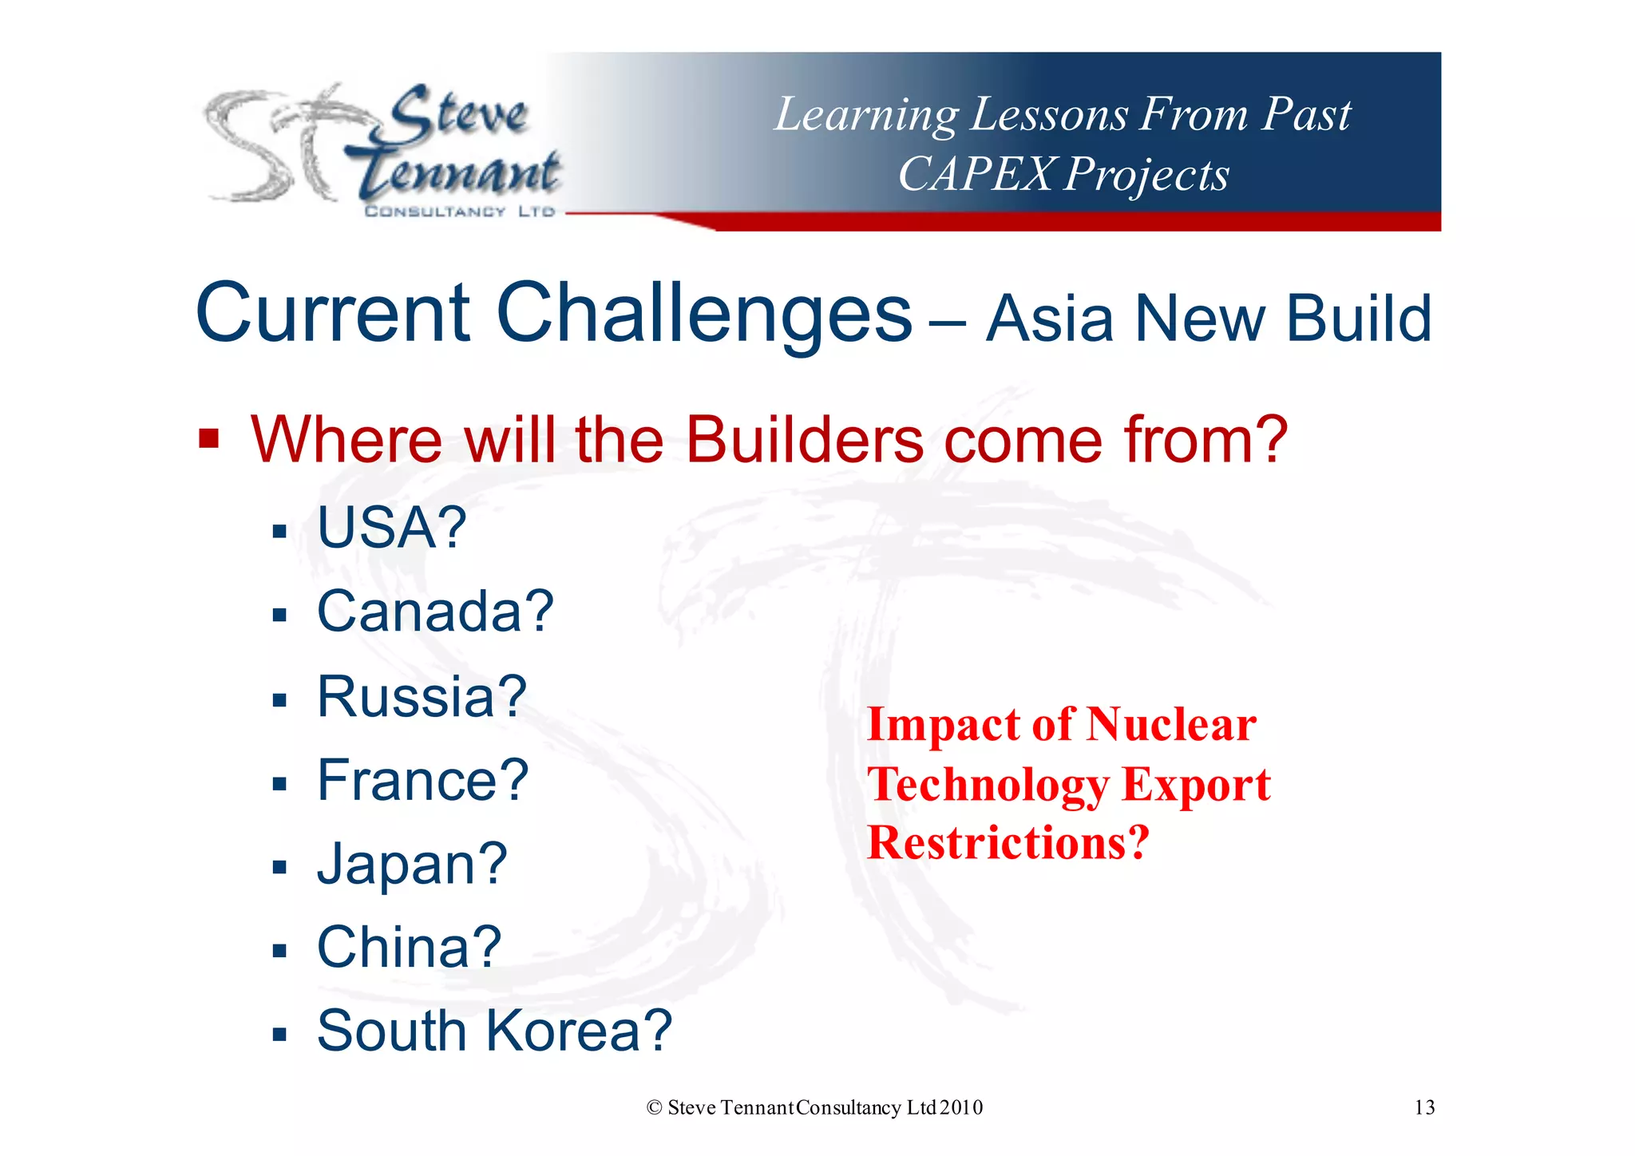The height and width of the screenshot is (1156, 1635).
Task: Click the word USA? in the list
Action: click(x=391, y=528)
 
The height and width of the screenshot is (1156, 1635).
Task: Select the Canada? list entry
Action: click(x=435, y=612)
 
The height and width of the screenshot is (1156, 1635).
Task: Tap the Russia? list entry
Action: click(x=422, y=697)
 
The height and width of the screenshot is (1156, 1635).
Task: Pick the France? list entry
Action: click(x=422, y=781)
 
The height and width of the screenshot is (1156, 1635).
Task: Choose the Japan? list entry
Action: click(x=412, y=865)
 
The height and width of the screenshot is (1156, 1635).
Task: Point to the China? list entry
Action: click(x=409, y=948)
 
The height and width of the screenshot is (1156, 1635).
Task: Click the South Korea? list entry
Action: click(x=494, y=1031)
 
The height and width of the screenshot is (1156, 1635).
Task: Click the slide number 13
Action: click(x=1424, y=1107)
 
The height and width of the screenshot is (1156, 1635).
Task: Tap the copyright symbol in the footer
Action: click(x=655, y=1108)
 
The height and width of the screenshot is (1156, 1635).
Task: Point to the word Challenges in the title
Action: click(x=703, y=313)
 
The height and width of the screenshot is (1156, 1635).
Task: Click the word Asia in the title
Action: click(x=1050, y=319)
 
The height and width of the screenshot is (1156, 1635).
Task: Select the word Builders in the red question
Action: click(x=804, y=440)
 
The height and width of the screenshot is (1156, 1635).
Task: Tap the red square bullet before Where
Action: click(x=208, y=438)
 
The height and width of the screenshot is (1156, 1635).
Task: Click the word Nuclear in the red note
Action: click(x=1171, y=725)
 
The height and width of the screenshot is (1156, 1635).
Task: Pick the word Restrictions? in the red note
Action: click(x=1008, y=842)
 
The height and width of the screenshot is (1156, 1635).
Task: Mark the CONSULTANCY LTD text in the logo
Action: click(x=459, y=212)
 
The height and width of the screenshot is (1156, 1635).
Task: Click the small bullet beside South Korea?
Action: click(x=279, y=1035)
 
